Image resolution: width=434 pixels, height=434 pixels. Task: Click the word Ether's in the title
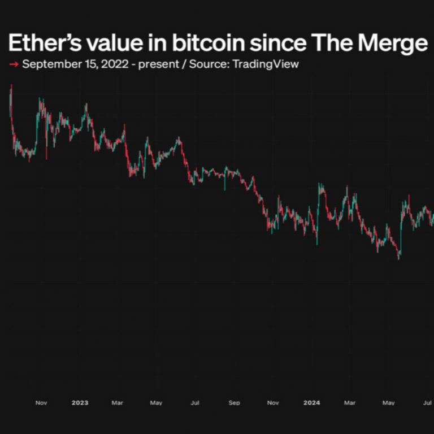tap(42, 43)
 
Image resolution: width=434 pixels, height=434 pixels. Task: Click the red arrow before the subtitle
tap(14, 64)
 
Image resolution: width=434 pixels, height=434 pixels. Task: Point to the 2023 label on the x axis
tap(80, 403)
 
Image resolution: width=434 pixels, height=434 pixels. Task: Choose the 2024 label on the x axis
tap(311, 403)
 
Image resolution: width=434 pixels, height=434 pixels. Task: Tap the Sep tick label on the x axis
tap(234, 403)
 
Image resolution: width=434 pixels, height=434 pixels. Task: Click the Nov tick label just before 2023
tap(41, 403)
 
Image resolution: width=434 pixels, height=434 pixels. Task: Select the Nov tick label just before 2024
tap(273, 403)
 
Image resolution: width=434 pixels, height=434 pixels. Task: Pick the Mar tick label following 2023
tap(118, 403)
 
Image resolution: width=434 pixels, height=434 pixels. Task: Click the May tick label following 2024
tap(388, 403)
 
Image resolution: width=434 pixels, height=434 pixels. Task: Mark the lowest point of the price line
tap(399, 259)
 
